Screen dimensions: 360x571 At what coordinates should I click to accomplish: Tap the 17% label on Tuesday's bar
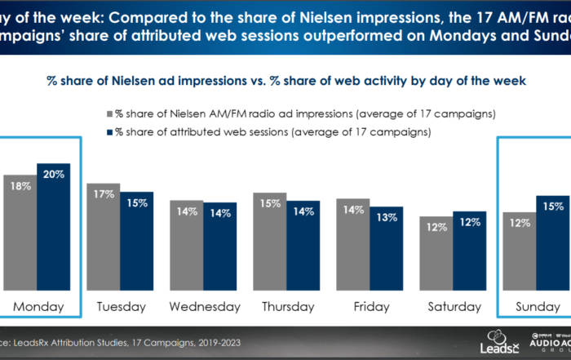103,195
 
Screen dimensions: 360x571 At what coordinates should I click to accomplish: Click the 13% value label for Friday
387,218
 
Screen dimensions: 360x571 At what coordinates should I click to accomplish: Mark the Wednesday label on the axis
205,307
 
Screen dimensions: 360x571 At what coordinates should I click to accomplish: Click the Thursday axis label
288,307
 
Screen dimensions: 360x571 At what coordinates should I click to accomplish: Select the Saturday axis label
454,307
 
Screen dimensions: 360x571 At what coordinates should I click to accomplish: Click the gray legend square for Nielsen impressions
108,113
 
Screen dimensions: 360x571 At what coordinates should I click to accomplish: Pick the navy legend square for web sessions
108,131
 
